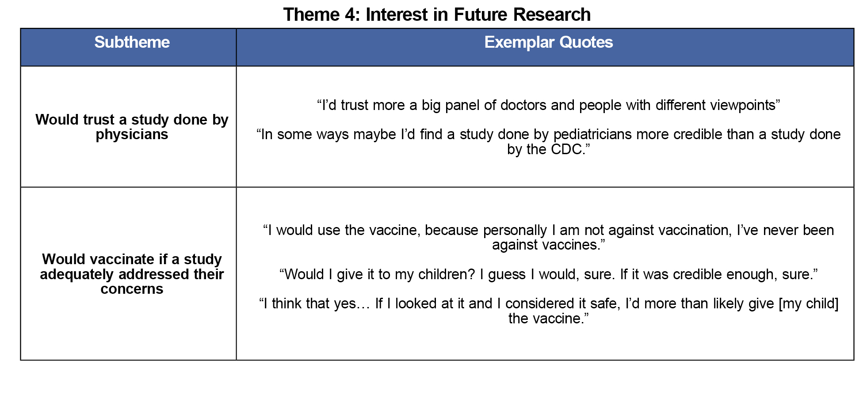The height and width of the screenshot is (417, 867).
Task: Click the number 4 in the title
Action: pyautogui.click(x=349, y=15)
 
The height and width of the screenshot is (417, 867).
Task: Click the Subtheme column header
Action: pyautogui.click(x=132, y=42)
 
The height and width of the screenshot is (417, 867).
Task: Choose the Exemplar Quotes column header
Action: pyautogui.click(x=548, y=42)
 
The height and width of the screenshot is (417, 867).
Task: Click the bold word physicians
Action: pyautogui.click(x=132, y=134)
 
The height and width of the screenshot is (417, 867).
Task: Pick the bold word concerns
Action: pyautogui.click(x=132, y=289)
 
